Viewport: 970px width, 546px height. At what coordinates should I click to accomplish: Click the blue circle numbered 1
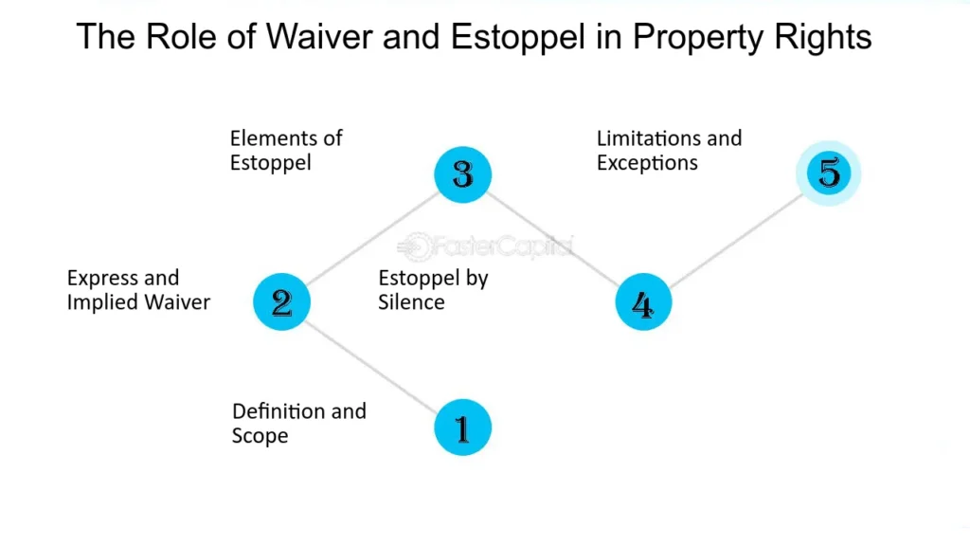click(x=462, y=428)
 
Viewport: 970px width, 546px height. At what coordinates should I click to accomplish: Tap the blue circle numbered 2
click(x=281, y=301)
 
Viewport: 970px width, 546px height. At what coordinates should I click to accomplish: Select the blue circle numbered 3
click(x=462, y=174)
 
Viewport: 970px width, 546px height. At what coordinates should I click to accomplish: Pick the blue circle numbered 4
click(x=643, y=301)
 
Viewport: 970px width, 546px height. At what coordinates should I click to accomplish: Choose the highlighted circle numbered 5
click(x=828, y=173)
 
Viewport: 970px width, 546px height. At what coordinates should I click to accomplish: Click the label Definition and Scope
click(x=298, y=424)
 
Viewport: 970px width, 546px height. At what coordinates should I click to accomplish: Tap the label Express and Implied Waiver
click(x=138, y=290)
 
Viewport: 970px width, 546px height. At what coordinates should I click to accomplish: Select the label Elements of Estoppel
click(x=286, y=151)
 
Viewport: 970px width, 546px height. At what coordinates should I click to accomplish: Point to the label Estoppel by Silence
click(x=433, y=290)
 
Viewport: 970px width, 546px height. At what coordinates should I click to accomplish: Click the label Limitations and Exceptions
click(x=669, y=151)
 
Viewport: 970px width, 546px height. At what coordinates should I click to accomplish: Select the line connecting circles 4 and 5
click(x=736, y=241)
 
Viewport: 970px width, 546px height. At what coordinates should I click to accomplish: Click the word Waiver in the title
click(x=319, y=37)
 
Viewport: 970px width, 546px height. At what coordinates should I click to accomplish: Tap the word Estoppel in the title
click(x=518, y=38)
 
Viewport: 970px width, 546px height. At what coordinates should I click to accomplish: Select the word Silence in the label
click(x=411, y=302)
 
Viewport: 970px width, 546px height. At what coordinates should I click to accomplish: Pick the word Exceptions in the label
click(x=647, y=163)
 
